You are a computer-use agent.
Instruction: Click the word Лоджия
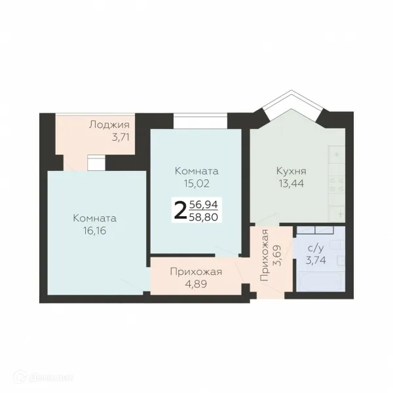pos(109,125)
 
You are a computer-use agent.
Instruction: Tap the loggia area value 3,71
pos(121,137)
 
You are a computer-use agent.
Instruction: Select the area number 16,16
pos(95,231)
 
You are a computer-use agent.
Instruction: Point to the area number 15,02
pos(196,183)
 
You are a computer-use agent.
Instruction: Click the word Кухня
pos(291,172)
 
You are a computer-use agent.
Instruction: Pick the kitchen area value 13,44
pos(291,183)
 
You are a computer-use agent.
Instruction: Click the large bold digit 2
pos(180,210)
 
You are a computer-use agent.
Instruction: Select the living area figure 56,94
pos(203,205)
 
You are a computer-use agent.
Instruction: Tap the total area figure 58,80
pos(203,217)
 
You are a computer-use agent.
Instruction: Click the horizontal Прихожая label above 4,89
pos(196,272)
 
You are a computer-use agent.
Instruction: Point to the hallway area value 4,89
pos(196,284)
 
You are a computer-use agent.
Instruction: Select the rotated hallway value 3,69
pos(278,255)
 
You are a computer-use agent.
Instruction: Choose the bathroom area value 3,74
pos(316,260)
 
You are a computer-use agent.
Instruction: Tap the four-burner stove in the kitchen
pos(337,185)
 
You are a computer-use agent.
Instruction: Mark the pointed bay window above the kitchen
pos(291,105)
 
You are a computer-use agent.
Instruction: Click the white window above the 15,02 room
pos(200,121)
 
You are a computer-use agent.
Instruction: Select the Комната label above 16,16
pos(95,218)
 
